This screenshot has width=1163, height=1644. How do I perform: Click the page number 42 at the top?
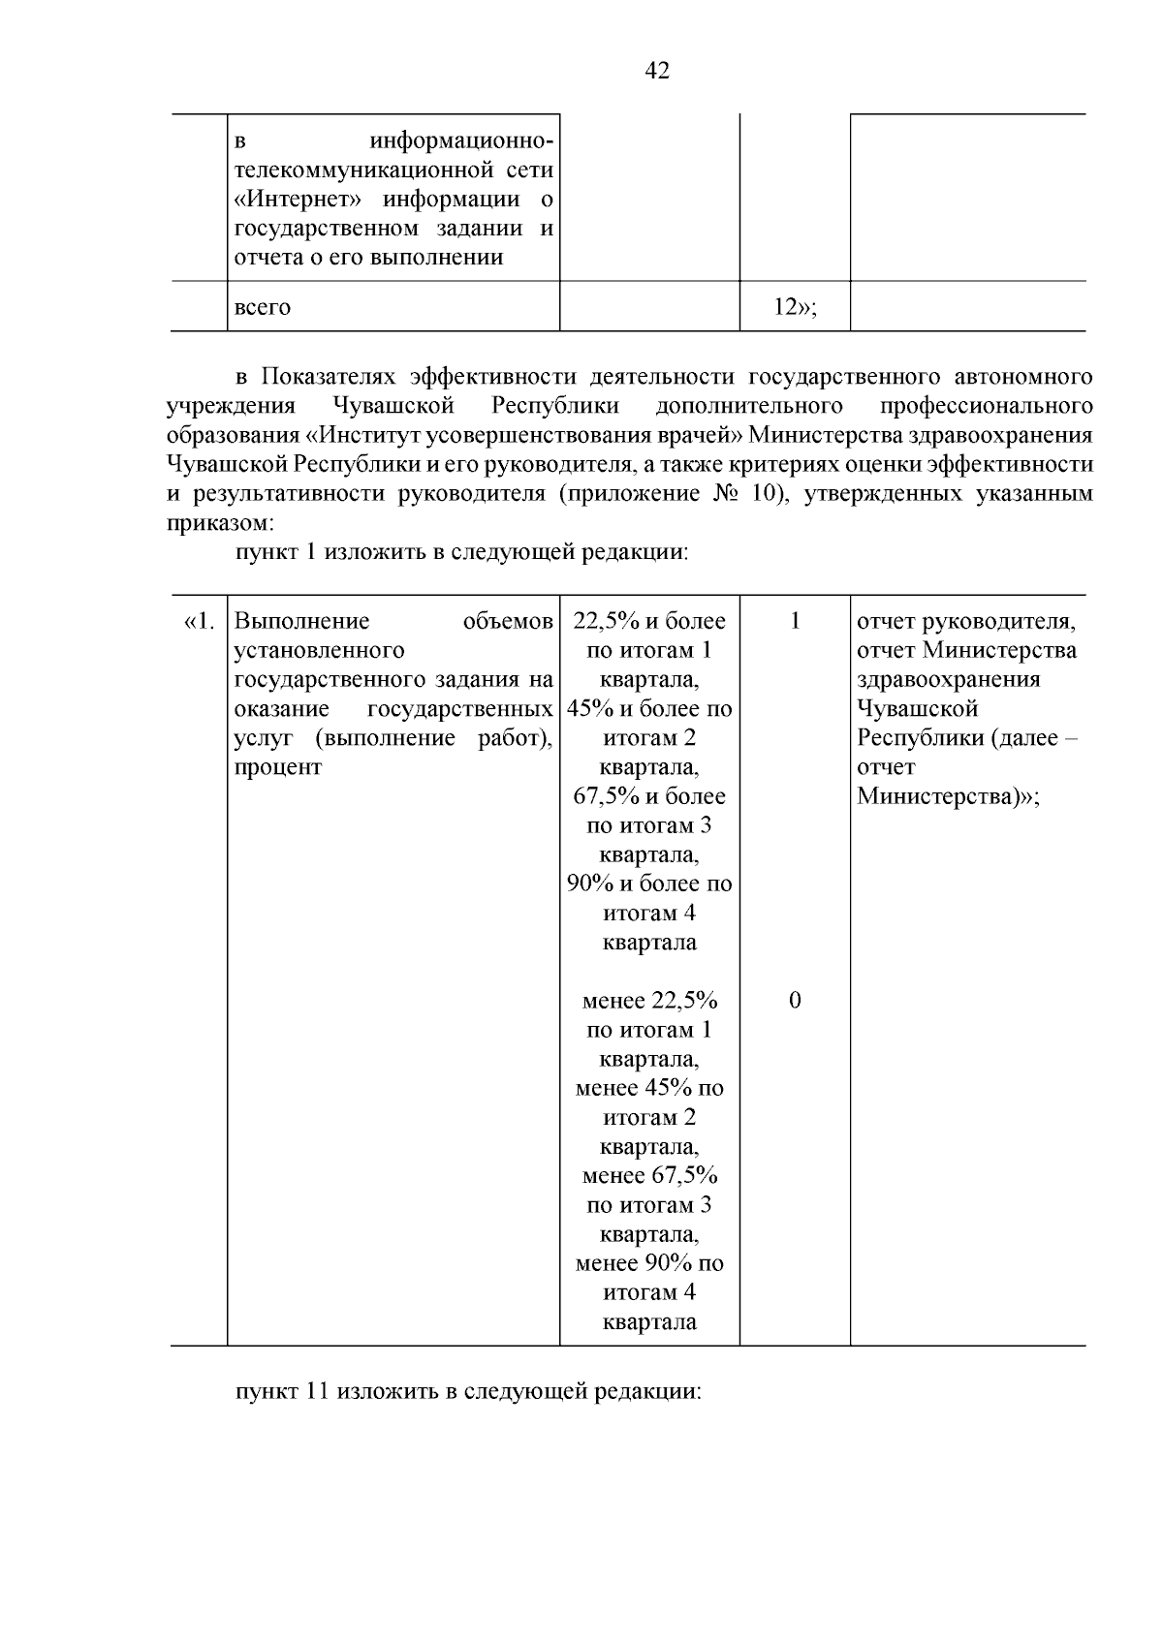[656, 71]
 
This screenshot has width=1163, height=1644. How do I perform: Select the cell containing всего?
[263, 307]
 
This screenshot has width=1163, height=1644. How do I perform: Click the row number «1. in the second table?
[199, 621]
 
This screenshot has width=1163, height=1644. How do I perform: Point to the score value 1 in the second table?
[795, 621]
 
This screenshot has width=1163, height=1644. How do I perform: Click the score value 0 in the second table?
[795, 1001]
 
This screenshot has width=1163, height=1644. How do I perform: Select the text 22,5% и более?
[649, 621]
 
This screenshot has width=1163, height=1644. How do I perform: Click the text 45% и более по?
[649, 709]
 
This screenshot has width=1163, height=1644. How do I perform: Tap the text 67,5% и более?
[649, 796]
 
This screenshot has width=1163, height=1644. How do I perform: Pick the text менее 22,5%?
[649, 1001]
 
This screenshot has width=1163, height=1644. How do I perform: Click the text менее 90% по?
[649, 1263]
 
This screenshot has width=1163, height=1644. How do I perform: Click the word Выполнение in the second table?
[302, 621]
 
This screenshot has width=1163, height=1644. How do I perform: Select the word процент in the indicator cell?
[278, 767]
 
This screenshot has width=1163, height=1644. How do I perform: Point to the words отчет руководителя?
[966, 621]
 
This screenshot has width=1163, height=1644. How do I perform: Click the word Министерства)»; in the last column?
[948, 796]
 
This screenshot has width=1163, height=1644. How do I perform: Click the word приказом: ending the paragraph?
[220, 523]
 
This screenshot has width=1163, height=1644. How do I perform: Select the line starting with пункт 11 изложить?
[467, 1391]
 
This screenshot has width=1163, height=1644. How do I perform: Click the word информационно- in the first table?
[462, 141]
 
